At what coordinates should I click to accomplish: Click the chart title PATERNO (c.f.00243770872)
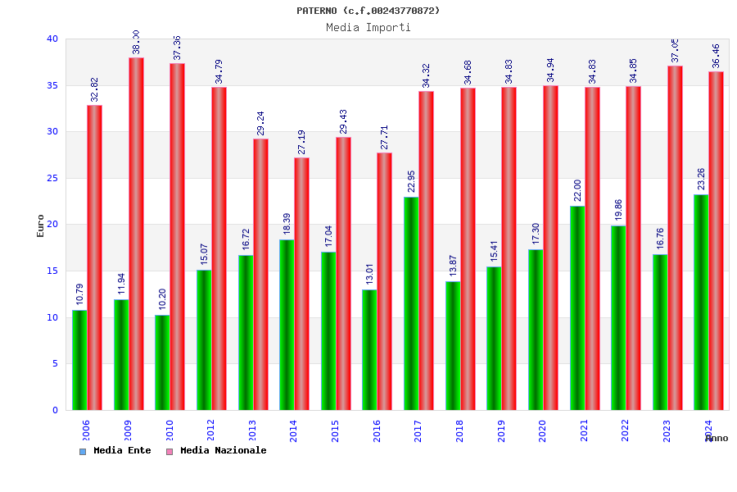pyautogui.click(x=368, y=11)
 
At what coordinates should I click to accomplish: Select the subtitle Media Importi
pyautogui.click(x=368, y=27)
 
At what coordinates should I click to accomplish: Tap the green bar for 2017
pyautogui.click(x=411, y=303)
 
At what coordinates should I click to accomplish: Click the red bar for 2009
pyautogui.click(x=136, y=234)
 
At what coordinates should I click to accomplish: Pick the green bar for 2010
pyautogui.click(x=162, y=362)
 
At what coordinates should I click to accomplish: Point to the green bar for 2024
pyautogui.click(x=701, y=302)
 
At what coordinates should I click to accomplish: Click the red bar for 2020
pyautogui.click(x=550, y=248)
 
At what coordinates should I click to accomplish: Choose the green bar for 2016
pyautogui.click(x=369, y=349)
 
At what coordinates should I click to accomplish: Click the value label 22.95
pyautogui.click(x=411, y=181)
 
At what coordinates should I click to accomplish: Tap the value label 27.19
pyautogui.click(x=301, y=142)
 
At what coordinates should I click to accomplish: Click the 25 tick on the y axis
pyautogui.click(x=52, y=178)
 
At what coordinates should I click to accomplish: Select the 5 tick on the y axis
pyautogui.click(x=55, y=363)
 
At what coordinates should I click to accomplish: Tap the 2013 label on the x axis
pyautogui.click(x=252, y=430)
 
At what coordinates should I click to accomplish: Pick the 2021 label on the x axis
pyautogui.click(x=584, y=430)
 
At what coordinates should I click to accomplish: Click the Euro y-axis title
pyautogui.click(x=41, y=225)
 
